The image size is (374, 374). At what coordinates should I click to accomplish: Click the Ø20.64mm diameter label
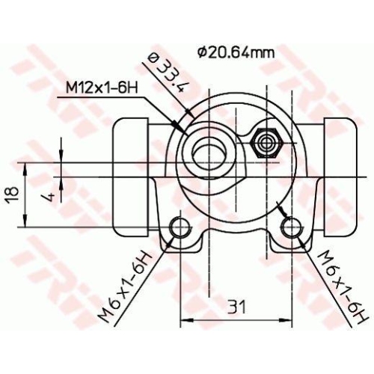pos(236,52)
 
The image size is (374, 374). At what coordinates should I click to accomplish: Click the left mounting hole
pos(180,227)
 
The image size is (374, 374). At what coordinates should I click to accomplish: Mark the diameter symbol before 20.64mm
pos(202,52)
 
